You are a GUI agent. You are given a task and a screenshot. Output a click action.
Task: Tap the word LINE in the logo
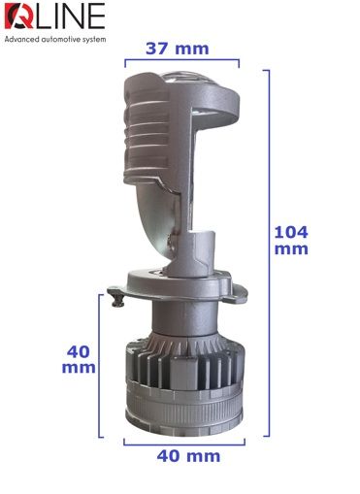point(69,16)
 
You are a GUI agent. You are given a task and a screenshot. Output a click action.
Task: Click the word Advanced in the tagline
point(21,40)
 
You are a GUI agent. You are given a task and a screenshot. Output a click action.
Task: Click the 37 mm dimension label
point(178,49)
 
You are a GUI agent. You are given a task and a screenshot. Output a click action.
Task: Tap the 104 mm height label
point(291,241)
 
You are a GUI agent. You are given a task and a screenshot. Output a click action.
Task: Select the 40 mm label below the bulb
point(188,456)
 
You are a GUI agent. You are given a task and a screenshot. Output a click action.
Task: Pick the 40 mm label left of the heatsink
point(79,359)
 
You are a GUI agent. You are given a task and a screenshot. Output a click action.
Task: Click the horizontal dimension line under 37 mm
point(182,59)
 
